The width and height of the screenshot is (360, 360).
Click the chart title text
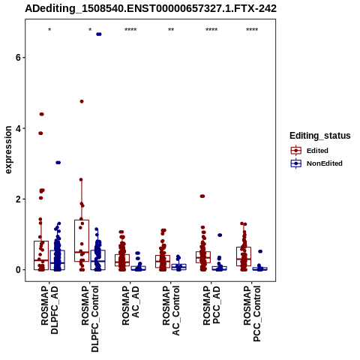pyautogui.click(x=151, y=8)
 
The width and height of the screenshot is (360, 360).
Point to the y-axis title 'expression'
pyautogui.click(x=8, y=150)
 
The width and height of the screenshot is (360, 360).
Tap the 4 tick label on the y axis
pyautogui.click(x=18, y=128)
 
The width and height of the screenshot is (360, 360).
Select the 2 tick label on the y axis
pyautogui.click(x=18, y=199)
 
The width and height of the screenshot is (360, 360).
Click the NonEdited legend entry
pyautogui.click(x=316, y=163)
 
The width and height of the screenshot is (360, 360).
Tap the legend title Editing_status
pyautogui.click(x=320, y=136)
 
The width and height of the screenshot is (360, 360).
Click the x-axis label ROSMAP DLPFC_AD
pyautogui.click(x=49, y=310)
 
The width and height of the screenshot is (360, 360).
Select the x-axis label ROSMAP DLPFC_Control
pyautogui.click(x=90, y=319)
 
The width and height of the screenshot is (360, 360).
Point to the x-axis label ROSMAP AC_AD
pyautogui.click(x=130, y=305)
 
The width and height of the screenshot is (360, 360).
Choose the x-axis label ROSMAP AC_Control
pyautogui.click(x=171, y=310)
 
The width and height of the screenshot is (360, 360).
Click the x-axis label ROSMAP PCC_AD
pyautogui.click(x=211, y=305)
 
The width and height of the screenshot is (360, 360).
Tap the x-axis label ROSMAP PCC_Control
pyautogui.click(x=252, y=313)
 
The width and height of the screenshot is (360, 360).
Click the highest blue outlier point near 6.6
pyautogui.click(x=99, y=34)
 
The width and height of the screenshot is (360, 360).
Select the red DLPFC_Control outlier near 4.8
pyautogui.click(x=82, y=101)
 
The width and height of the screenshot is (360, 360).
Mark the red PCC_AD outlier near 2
pyautogui.click(x=202, y=196)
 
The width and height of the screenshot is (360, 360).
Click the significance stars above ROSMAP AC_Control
pyautogui.click(x=171, y=29)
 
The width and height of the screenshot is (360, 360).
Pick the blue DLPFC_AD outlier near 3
pyautogui.click(x=58, y=163)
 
